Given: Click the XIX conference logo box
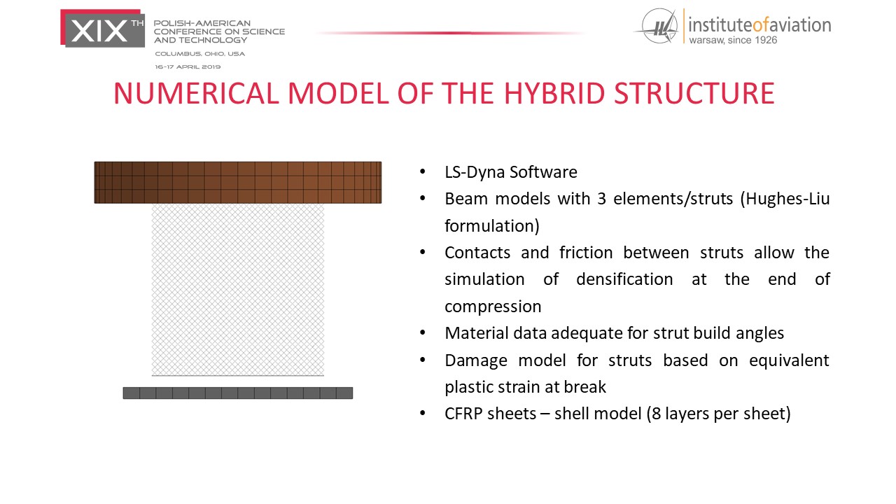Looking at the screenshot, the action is [x=102, y=29].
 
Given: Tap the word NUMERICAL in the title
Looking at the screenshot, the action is [x=196, y=94].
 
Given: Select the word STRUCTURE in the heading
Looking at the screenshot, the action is [x=694, y=94].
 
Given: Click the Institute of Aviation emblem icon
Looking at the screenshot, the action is [x=659, y=26].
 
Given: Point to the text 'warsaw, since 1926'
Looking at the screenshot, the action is [x=733, y=40].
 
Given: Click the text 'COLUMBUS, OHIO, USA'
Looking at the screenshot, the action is [x=199, y=54].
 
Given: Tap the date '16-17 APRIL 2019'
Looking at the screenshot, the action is [x=188, y=66].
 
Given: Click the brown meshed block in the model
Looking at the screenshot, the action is [x=237, y=183].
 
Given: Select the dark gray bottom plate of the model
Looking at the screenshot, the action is [x=237, y=393].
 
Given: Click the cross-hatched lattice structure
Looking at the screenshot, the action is [x=237, y=290].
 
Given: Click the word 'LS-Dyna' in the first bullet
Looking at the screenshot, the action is [x=475, y=172].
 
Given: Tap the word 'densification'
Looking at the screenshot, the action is [x=624, y=279].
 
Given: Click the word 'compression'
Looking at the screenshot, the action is [x=493, y=307].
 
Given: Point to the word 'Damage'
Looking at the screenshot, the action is [x=476, y=360].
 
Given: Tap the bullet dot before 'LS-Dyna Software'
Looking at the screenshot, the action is [x=422, y=172].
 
